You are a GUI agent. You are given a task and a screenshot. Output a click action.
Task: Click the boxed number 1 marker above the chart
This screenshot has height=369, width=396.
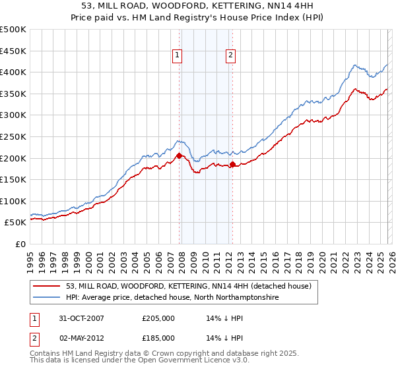(x=179, y=56)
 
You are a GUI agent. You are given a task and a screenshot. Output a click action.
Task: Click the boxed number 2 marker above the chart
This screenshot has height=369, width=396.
(x=231, y=56)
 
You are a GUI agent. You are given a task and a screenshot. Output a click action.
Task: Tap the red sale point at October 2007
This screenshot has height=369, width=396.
(x=179, y=156)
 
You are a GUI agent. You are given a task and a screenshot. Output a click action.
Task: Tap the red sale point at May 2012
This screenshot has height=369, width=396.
(x=232, y=165)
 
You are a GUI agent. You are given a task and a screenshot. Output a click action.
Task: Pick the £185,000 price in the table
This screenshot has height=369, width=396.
(x=158, y=337)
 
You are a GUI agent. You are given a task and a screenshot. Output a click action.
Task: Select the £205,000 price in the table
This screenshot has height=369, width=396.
(x=158, y=318)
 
